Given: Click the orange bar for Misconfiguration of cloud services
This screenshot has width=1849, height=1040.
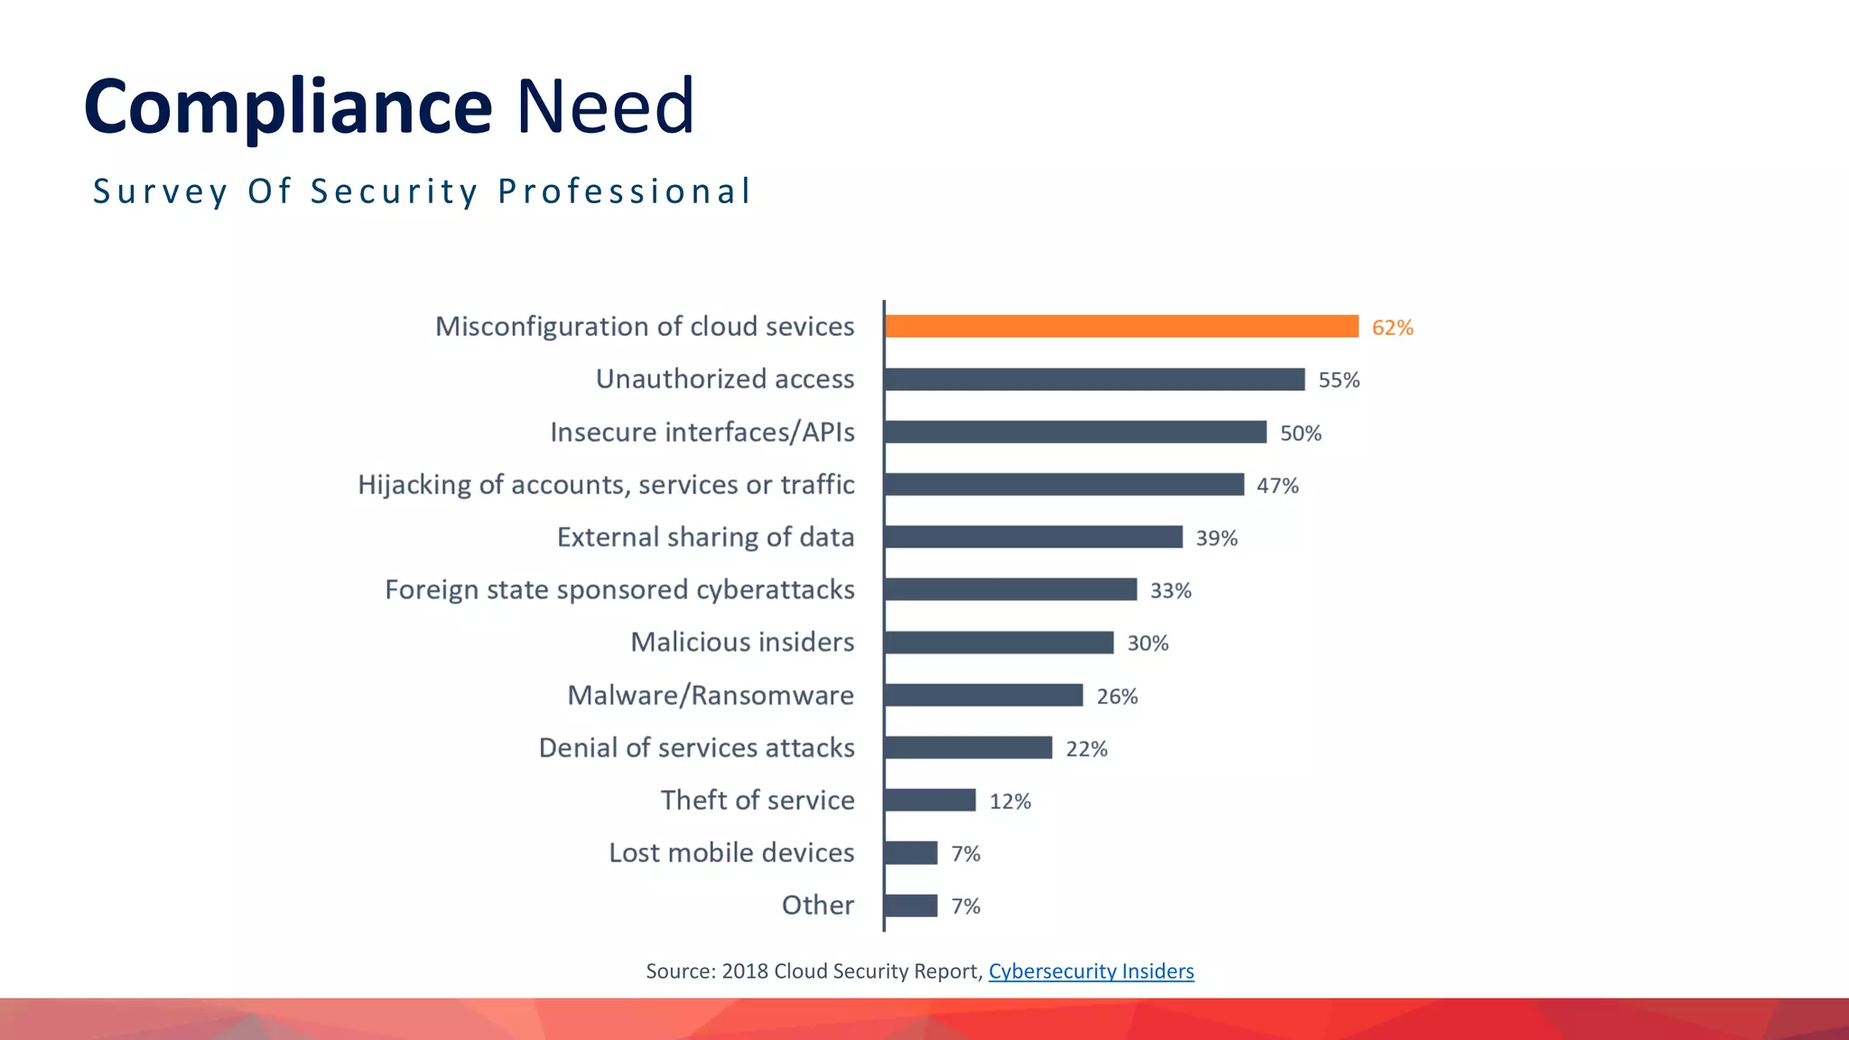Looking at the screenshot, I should point(1121,326).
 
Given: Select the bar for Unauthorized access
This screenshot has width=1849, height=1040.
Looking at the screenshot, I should point(1094,379).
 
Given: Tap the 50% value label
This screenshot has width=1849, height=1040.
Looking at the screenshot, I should point(1300,433).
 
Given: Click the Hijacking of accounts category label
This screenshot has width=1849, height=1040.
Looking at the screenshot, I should point(606,485).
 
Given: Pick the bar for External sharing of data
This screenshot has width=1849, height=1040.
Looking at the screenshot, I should point(1034,537).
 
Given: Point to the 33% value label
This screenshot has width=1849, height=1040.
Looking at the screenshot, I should point(1170,590).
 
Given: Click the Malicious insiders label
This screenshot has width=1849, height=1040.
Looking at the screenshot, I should point(742,642).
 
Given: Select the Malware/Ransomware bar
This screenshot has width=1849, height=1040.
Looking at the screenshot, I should point(983,695).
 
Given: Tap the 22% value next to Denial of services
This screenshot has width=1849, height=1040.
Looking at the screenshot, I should point(1086,748).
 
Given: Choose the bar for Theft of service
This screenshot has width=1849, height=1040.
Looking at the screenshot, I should point(930,801).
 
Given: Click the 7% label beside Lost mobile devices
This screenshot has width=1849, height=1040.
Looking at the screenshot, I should point(965,853).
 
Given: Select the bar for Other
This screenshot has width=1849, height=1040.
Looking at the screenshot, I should point(911,905).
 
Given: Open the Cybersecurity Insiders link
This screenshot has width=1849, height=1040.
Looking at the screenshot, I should point(1091,971).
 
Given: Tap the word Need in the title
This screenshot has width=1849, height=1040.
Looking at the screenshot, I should point(605,107).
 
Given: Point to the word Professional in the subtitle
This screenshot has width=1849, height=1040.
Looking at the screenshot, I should point(624,191).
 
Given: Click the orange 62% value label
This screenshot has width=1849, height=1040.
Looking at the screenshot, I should point(1392,328).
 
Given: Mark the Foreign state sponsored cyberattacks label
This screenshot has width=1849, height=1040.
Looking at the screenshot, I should point(619,590).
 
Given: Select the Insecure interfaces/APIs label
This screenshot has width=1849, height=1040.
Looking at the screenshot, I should point(702,432).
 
